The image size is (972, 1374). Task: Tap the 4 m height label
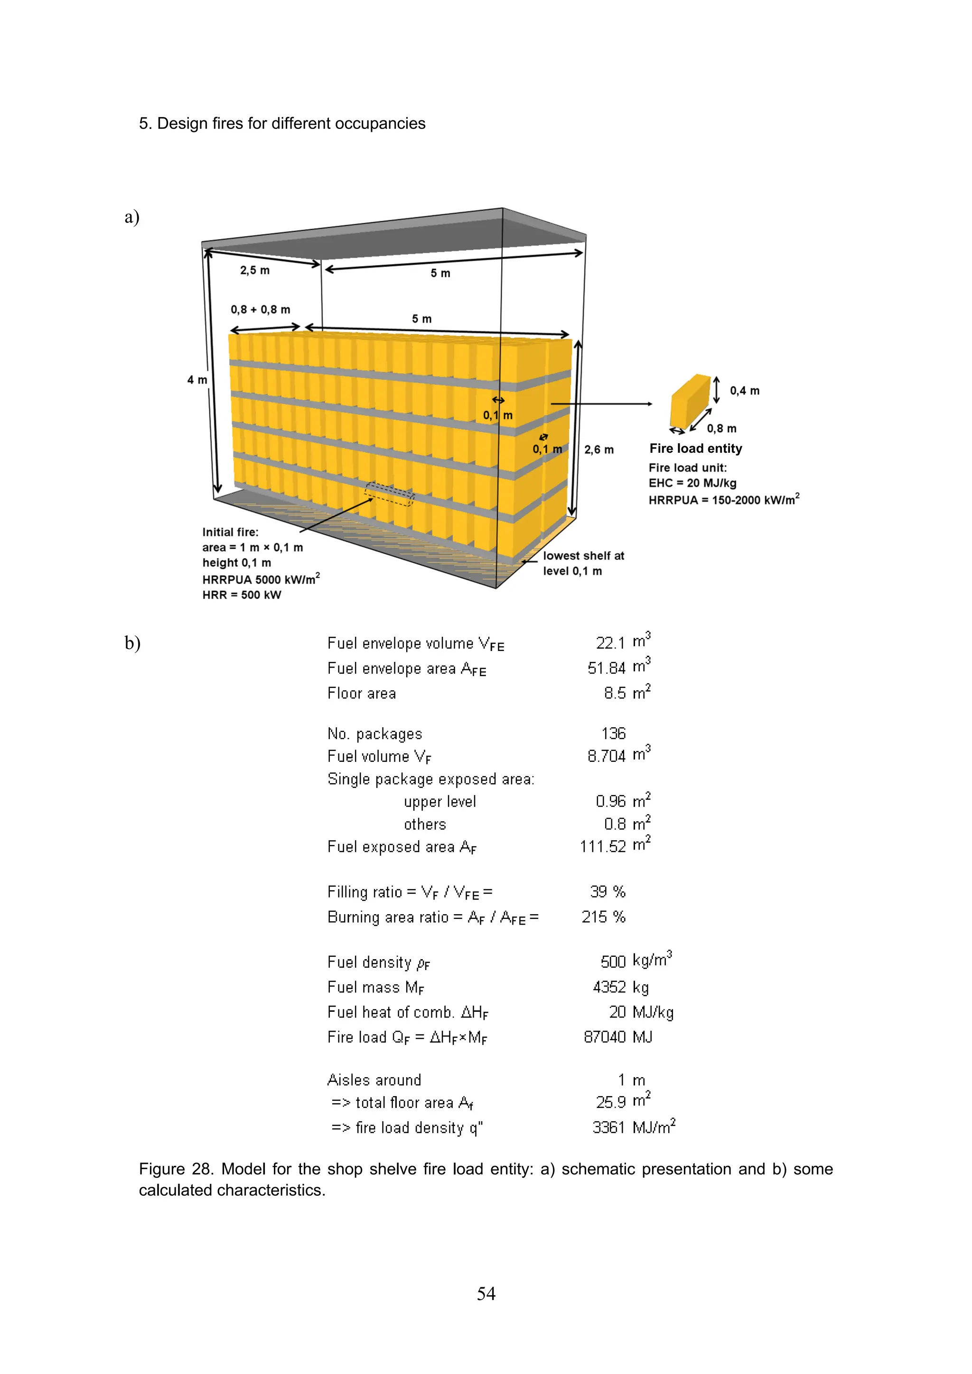pyautogui.click(x=196, y=380)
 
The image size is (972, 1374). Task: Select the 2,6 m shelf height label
pyautogui.click(x=598, y=449)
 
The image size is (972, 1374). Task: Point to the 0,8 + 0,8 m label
pyautogui.click(x=260, y=310)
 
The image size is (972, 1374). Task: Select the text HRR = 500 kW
pyautogui.click(x=242, y=595)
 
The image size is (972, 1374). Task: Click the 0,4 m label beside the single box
pyautogui.click(x=744, y=391)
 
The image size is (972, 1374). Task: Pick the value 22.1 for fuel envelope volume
pyautogui.click(x=610, y=643)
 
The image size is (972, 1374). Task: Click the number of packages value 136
pyautogui.click(x=613, y=733)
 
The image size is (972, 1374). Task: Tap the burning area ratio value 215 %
pyautogui.click(x=603, y=917)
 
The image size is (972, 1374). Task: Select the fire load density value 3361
pyautogui.click(x=608, y=1127)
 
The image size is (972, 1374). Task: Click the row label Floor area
pyautogui.click(x=361, y=693)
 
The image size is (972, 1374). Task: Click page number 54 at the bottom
pyautogui.click(x=486, y=1294)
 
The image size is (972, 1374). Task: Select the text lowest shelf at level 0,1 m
pyautogui.click(x=583, y=563)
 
